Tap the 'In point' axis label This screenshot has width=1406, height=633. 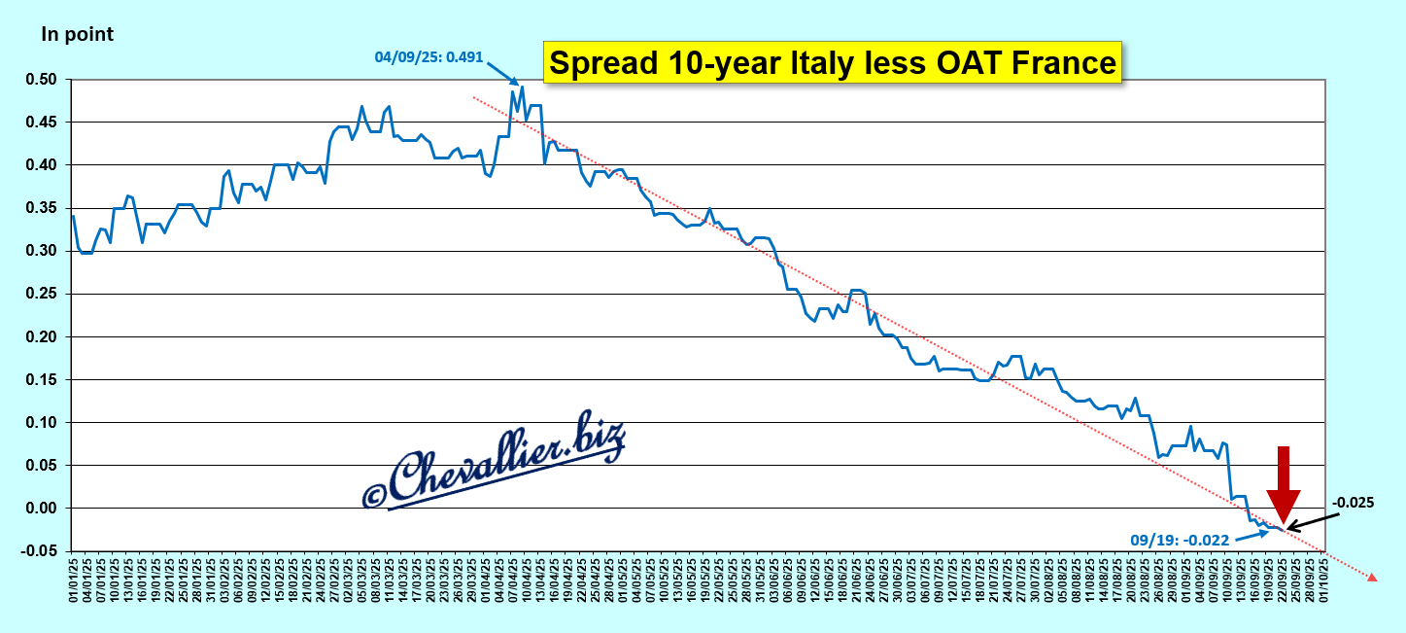[77, 34]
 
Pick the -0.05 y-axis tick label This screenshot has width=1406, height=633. [40, 551]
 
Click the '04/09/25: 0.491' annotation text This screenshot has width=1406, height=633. [429, 56]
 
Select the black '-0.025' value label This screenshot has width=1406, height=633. [1353, 503]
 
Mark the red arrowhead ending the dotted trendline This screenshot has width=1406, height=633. [1372, 578]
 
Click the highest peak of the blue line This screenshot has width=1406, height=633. [522, 88]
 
